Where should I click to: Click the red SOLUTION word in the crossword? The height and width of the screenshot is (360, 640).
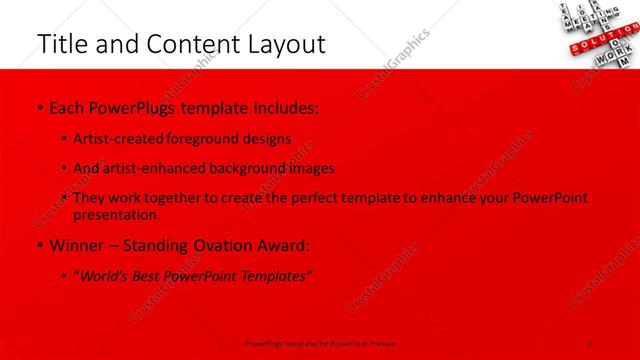(593, 43)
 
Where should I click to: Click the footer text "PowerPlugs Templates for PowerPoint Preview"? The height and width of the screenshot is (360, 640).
(319, 343)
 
